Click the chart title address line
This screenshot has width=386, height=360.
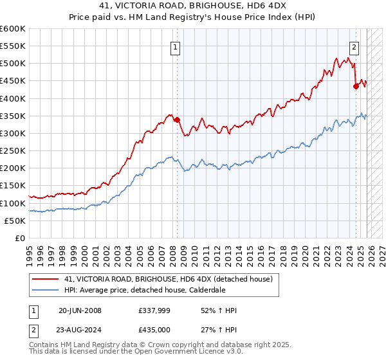coord(193,7)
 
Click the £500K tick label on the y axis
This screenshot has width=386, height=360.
coord(13,64)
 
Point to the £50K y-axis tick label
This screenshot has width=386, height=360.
coord(15,221)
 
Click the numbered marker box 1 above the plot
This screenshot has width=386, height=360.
coord(175,46)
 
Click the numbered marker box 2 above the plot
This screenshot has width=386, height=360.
coord(354,46)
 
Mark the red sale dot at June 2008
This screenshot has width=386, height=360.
coord(177,120)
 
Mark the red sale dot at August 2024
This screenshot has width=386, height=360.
coord(356,86)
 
